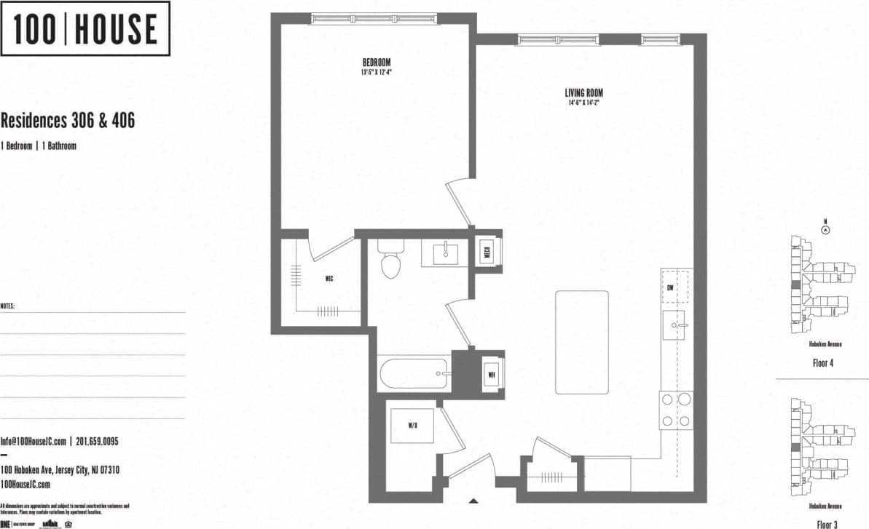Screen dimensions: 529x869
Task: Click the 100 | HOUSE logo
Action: coord(85,29)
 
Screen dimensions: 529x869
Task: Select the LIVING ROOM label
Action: coord(583,93)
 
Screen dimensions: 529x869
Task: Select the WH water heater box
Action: coord(492,375)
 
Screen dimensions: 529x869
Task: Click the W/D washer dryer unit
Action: coord(413,425)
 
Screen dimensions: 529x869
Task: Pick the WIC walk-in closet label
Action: coord(329,279)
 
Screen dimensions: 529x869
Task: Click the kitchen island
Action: coord(582,341)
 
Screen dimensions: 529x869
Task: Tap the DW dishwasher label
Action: coord(670,287)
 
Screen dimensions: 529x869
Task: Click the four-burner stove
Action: coord(675,410)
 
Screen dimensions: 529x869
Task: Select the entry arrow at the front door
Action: coord(473,500)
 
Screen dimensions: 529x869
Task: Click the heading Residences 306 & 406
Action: coord(68,121)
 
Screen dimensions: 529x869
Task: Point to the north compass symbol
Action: coord(825,229)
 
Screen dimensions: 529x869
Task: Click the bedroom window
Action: coord(374,19)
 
